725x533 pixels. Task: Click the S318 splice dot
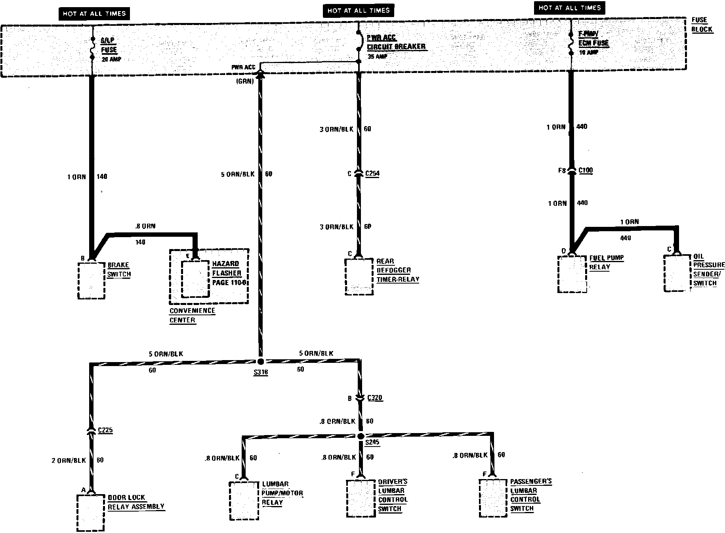(x=260, y=361)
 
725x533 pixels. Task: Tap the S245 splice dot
(x=361, y=436)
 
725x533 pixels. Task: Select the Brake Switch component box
(x=92, y=280)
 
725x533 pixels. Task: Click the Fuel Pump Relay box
(x=572, y=274)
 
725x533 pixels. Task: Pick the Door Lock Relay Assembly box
(x=91, y=512)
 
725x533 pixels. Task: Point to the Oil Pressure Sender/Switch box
(x=677, y=273)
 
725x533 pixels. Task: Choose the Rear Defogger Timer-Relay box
(x=359, y=276)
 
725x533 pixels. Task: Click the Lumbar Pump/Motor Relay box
(x=244, y=500)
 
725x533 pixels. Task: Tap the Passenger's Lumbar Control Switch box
(x=493, y=498)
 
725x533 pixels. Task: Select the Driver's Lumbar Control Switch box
(x=361, y=498)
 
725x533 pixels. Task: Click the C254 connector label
(x=372, y=173)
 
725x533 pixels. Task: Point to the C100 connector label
(x=586, y=171)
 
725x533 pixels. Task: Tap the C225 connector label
(x=105, y=430)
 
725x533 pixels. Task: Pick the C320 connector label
(x=375, y=398)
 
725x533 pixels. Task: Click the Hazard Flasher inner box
(x=195, y=279)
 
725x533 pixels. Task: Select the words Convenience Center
(x=192, y=315)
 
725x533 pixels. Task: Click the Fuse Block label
(x=702, y=25)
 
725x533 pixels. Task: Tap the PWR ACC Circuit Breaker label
(x=395, y=42)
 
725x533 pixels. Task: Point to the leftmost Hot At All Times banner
(x=94, y=14)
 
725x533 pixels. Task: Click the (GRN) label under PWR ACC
(x=246, y=82)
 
